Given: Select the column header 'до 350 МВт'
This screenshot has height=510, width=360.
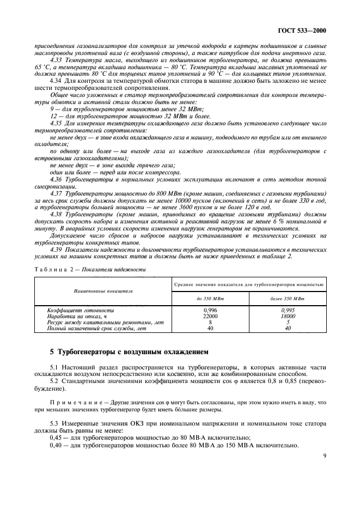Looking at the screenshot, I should click(x=210, y=299).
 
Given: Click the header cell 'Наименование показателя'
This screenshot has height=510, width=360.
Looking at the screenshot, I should click(x=103, y=292).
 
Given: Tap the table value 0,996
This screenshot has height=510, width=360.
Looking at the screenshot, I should click(x=210, y=310).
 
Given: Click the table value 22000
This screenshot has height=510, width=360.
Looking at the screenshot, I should click(x=210, y=316).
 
